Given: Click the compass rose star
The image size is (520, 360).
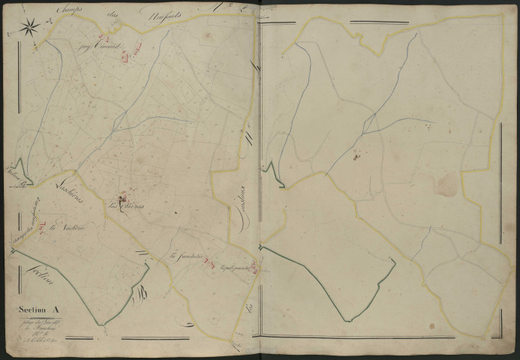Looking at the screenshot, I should click(x=29, y=28).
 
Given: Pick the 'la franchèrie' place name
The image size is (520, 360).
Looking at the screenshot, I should click(x=185, y=258).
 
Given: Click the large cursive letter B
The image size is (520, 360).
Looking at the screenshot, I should click(x=140, y=298).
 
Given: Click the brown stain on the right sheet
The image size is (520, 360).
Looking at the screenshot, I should click(x=448, y=183).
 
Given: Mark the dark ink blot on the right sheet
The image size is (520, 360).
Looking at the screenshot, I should click(x=356, y=156).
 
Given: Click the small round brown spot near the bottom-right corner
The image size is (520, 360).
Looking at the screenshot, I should click(x=432, y=326).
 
